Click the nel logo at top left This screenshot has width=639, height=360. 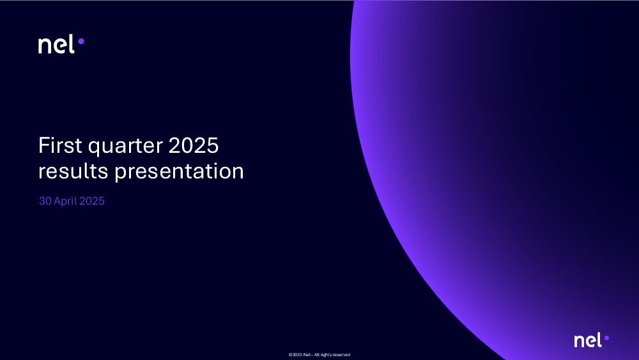[61, 44]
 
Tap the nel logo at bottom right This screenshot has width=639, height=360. [591, 340]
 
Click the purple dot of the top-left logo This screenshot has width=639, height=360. [81, 41]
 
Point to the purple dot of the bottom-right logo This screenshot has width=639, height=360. [606, 338]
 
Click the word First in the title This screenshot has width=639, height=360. [60, 145]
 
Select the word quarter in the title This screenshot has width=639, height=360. [125, 146]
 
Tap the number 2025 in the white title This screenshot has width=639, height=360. [194, 145]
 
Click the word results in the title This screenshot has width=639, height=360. [73, 171]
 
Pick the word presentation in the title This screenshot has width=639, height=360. [179, 171]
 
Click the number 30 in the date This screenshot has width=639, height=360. [45, 201]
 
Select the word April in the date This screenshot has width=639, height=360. [65, 201]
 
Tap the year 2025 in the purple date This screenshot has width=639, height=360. [92, 201]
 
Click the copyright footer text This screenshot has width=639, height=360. [319, 355]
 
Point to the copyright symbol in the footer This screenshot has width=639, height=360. [290, 355]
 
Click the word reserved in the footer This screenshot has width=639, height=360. [342, 355]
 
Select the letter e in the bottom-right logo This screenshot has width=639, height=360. [590, 341]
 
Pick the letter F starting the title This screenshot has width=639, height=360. [43, 145]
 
